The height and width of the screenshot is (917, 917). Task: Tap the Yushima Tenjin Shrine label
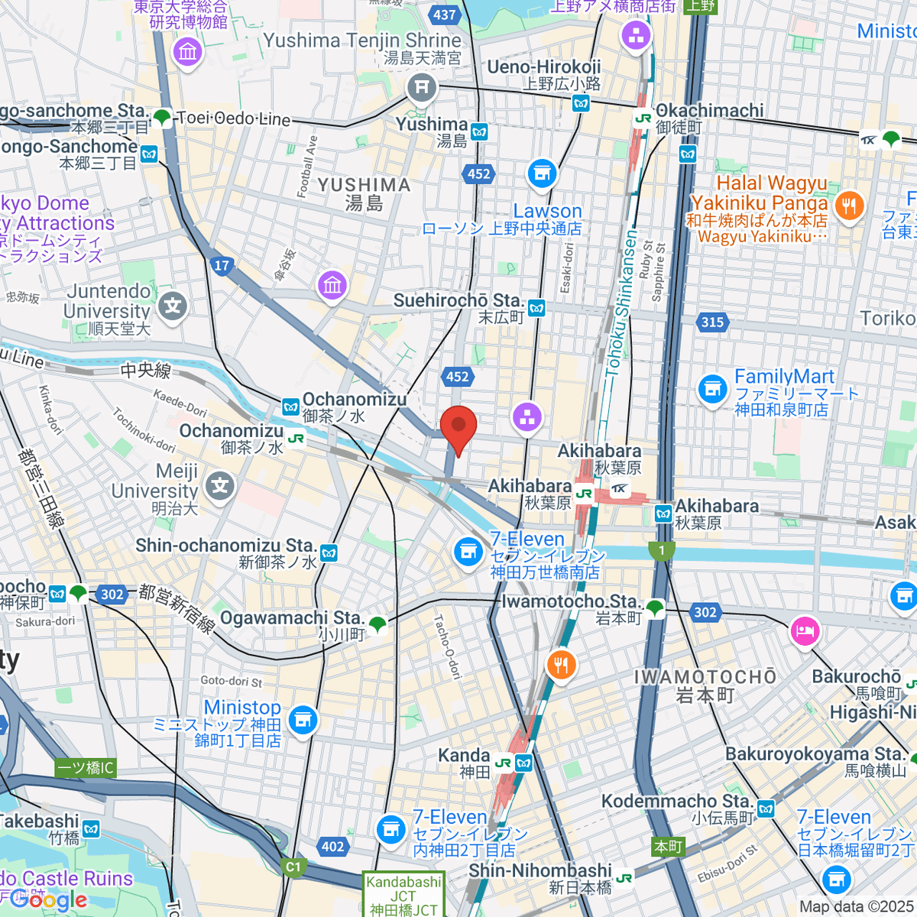click(362, 41)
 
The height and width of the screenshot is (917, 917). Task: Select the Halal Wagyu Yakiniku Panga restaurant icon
click(848, 206)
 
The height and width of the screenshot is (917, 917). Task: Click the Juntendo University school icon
click(173, 306)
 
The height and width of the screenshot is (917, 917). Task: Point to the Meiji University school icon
click(220, 486)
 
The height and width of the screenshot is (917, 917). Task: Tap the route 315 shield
click(712, 322)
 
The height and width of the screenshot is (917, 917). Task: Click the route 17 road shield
click(222, 265)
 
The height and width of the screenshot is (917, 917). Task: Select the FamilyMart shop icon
click(712, 389)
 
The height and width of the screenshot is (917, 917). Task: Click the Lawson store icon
click(542, 174)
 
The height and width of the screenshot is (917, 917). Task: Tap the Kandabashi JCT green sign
click(403, 895)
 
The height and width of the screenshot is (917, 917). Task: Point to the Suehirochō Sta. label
click(458, 300)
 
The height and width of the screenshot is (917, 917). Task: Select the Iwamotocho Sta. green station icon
click(654, 609)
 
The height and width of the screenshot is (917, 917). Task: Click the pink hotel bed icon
click(805, 631)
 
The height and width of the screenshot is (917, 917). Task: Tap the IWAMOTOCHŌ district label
click(705, 677)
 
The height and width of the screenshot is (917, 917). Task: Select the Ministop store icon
click(303, 719)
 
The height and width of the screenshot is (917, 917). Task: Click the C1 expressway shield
click(293, 867)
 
